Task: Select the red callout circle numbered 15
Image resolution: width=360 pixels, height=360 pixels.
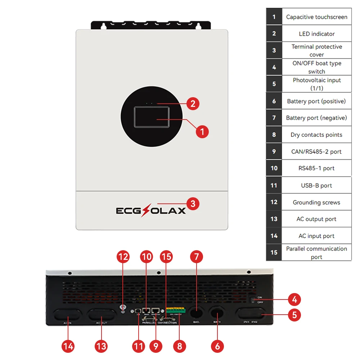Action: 166,257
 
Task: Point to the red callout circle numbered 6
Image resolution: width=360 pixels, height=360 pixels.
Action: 217,346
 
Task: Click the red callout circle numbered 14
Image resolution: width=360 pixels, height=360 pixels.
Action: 68,346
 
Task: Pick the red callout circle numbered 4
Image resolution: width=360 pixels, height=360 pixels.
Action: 294,299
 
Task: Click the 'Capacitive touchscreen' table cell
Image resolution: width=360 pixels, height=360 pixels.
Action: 316,17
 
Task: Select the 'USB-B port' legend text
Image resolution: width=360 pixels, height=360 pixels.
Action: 316,185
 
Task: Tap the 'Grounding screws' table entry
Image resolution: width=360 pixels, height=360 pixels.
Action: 316,202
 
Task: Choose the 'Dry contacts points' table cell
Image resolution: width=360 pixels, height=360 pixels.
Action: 316,135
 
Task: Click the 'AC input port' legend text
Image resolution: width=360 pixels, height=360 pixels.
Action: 316,236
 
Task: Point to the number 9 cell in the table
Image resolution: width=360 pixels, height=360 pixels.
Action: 274,152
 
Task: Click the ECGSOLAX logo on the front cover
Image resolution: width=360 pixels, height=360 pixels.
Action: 151,210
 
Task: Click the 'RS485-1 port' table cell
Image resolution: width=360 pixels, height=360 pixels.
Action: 316,168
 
